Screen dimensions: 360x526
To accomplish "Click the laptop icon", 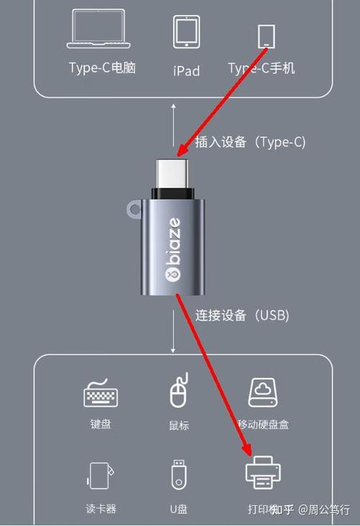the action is click(x=99, y=29).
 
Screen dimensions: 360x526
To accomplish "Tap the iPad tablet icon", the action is click(x=186, y=32).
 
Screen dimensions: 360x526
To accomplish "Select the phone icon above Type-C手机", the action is click(x=266, y=36).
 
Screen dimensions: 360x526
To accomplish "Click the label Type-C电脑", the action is click(x=102, y=68).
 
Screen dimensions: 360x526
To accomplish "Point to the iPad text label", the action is click(x=186, y=71).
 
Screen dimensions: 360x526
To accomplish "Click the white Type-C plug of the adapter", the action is click(x=172, y=173).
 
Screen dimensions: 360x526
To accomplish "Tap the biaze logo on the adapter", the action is click(x=173, y=249).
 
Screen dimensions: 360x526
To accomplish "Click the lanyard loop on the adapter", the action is click(x=134, y=209).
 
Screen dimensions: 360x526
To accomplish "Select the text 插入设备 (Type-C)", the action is click(x=251, y=142).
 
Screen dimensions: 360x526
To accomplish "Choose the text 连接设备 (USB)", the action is click(x=242, y=315).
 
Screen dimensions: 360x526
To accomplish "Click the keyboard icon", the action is click(x=100, y=393).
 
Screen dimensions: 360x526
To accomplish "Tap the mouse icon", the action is click(x=179, y=391).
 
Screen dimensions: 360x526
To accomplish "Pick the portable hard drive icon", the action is click(x=263, y=392).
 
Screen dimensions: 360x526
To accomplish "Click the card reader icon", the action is click(x=100, y=476).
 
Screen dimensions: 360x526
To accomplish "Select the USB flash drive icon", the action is click(x=179, y=474).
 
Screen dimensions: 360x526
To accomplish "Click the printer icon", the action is click(x=263, y=472).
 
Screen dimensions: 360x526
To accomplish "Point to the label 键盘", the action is click(x=100, y=425).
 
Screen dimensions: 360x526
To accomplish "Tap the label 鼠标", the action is click(x=179, y=425).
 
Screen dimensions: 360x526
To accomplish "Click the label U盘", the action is click(x=179, y=509).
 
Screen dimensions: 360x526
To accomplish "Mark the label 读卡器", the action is click(x=101, y=509).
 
